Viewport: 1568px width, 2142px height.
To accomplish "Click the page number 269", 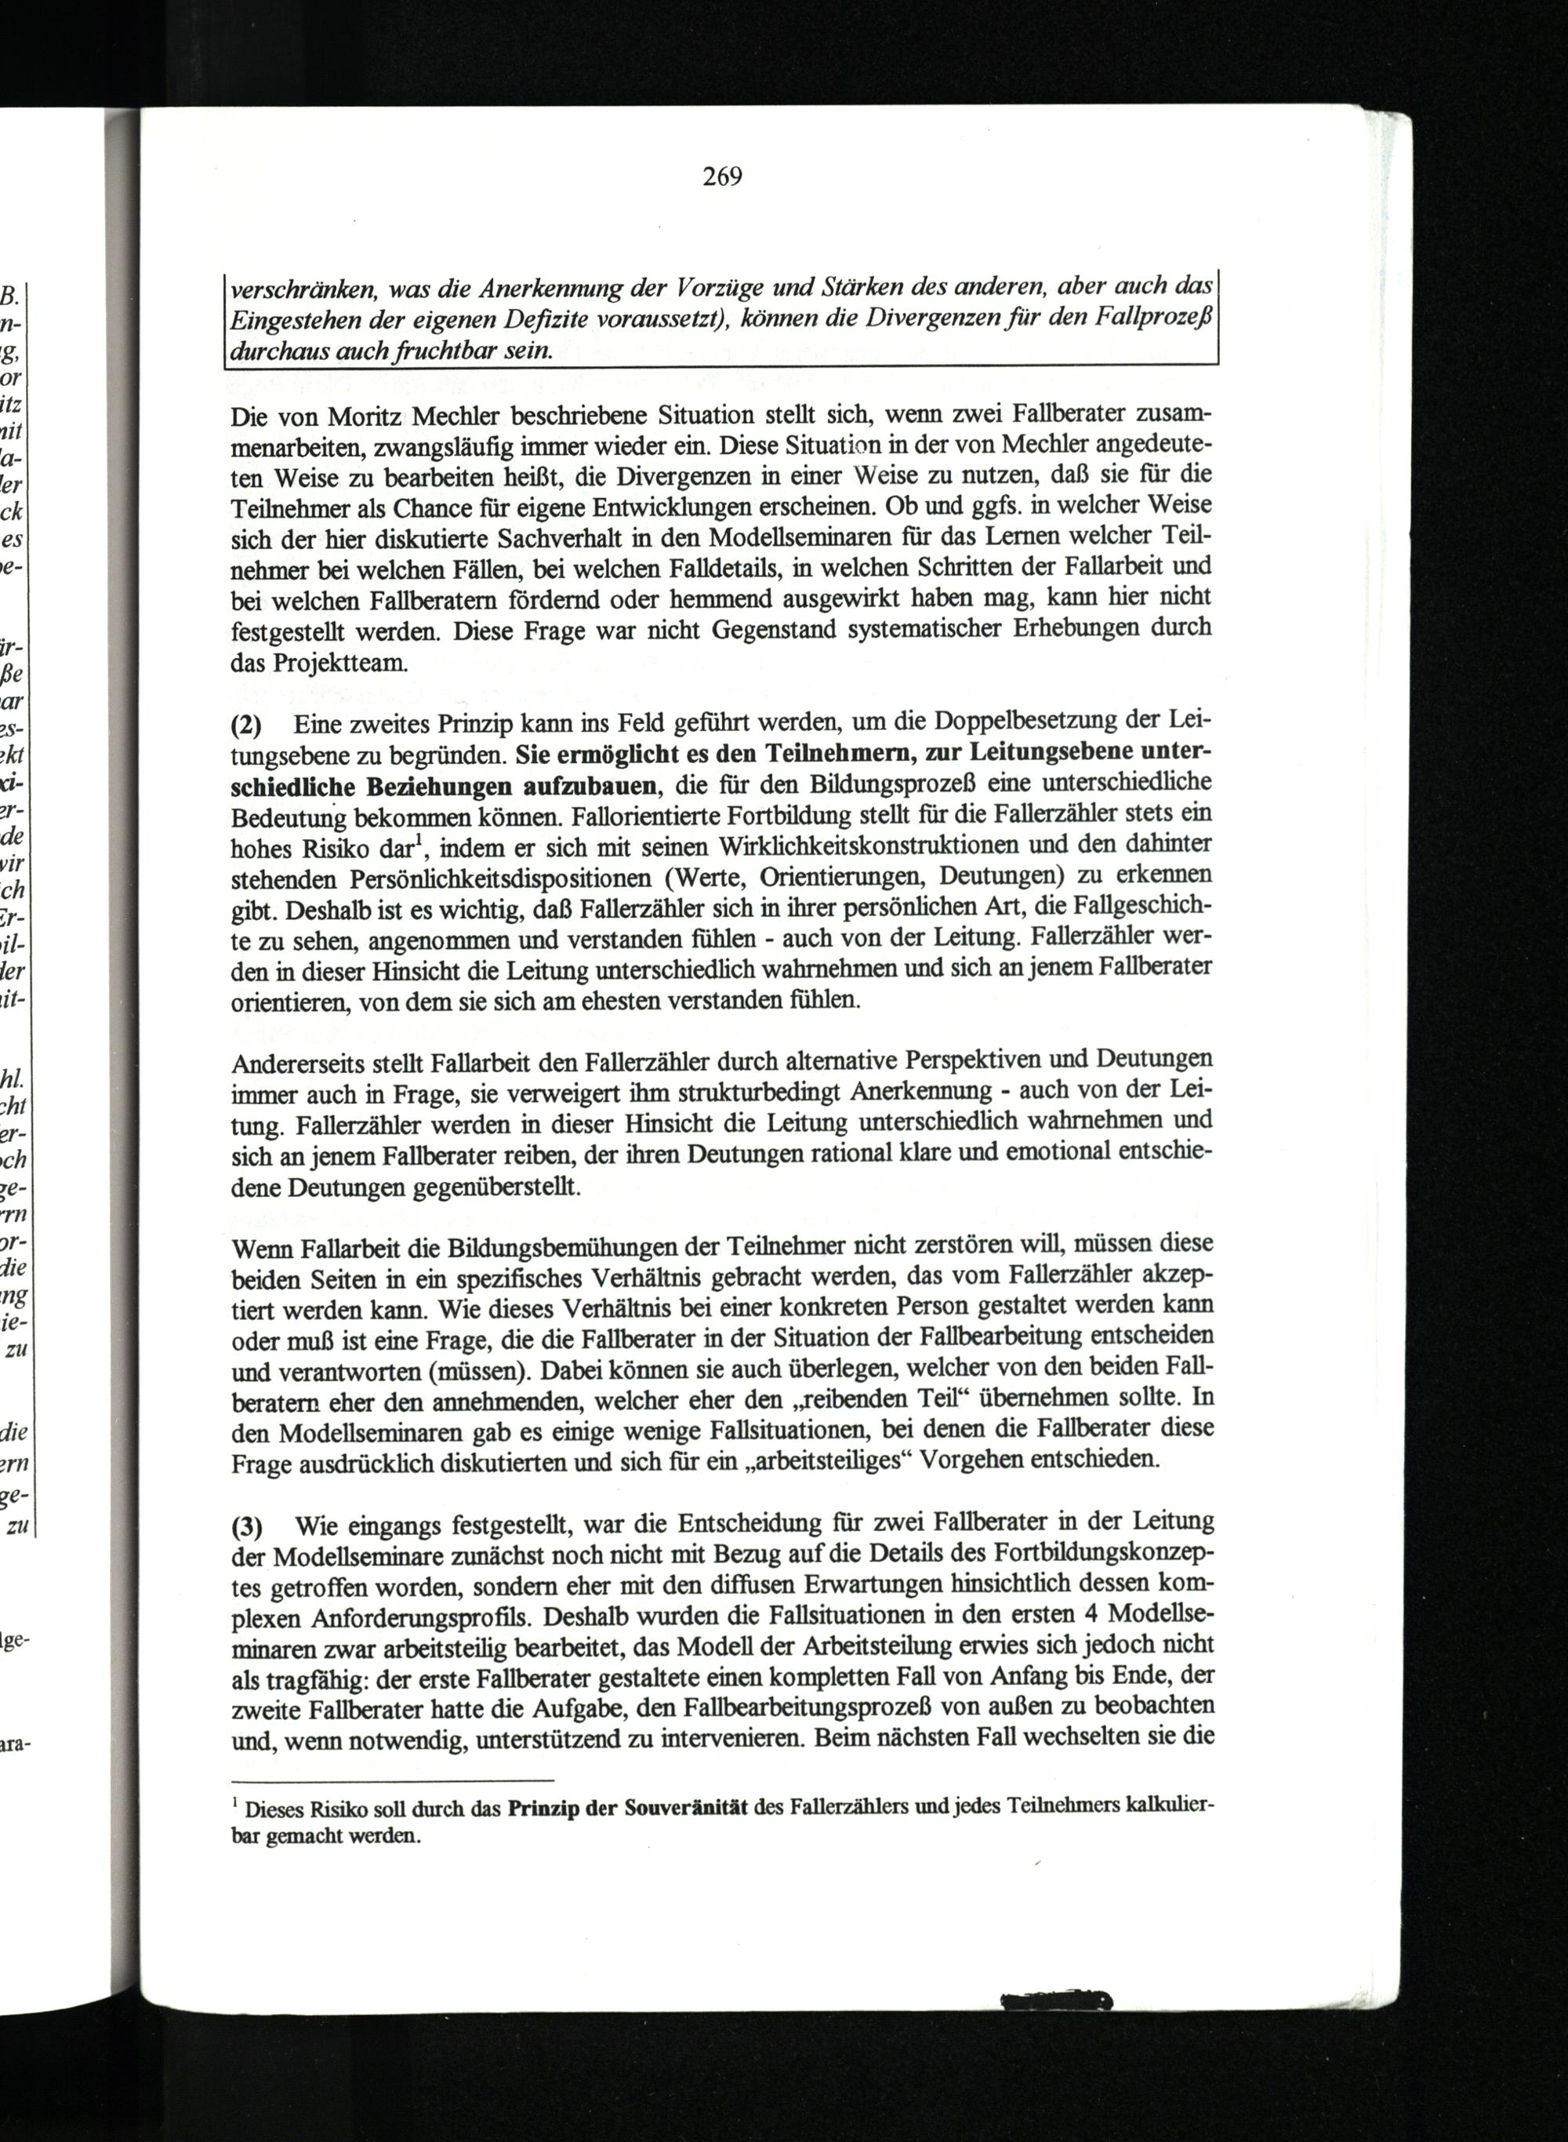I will (x=721, y=176).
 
